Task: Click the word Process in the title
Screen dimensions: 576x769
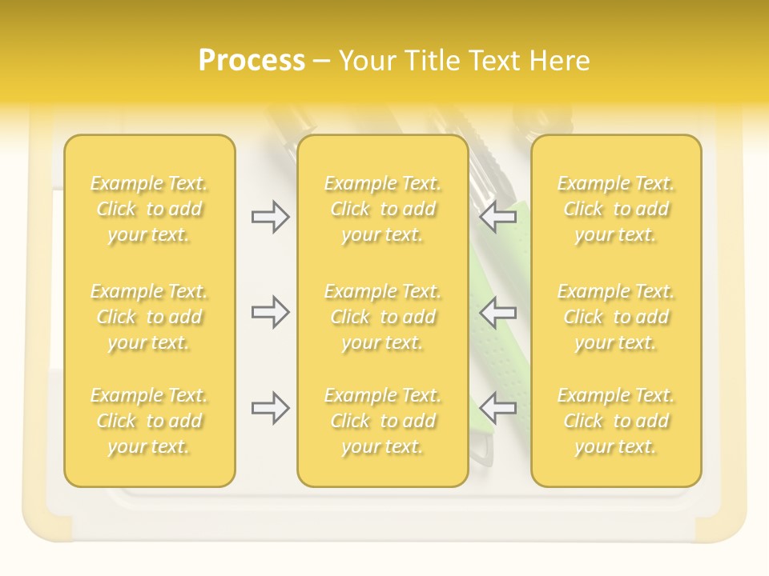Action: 252,61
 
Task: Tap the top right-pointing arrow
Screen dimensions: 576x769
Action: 270,217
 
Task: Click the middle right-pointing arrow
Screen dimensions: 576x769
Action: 270,311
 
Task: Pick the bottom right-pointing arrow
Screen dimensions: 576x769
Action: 270,408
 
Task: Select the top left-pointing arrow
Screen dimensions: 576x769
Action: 498,217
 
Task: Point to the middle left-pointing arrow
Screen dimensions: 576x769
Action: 498,311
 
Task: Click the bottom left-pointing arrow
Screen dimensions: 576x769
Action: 498,408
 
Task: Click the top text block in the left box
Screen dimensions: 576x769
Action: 149,209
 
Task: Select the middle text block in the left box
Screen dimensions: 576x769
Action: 149,317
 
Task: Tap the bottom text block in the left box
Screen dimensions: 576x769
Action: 149,421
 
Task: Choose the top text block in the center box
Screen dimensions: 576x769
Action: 382,209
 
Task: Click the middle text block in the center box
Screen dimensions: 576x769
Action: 382,317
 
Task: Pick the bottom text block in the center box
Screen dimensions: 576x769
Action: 382,421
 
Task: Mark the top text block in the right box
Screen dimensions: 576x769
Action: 616,209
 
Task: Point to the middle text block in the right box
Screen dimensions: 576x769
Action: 616,317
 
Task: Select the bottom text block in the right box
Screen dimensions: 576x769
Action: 616,421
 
